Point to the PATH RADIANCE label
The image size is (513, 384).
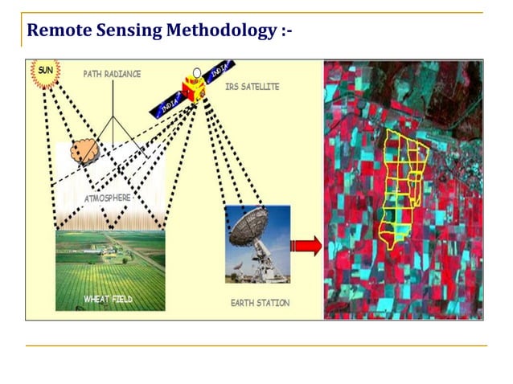(112, 74)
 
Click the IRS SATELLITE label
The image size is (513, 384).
(252, 87)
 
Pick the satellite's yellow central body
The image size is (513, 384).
(192, 87)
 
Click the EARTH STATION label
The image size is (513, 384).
(260, 303)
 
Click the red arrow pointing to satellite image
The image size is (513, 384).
(306, 246)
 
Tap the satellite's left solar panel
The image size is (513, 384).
(166, 104)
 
